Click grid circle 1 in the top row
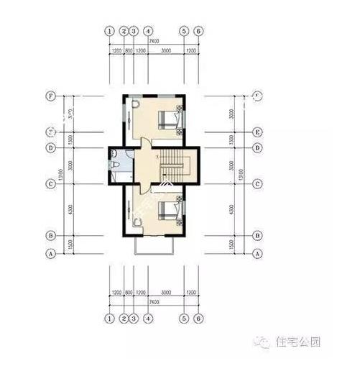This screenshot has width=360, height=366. tap(109, 32)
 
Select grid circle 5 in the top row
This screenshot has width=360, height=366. tap(185, 32)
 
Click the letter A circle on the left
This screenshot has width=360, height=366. tap(51, 254)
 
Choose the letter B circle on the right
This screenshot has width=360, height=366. tap(257, 235)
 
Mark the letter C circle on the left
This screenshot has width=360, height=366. tap(51, 184)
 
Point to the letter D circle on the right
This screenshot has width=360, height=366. tap(257, 148)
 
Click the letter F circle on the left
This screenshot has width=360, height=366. tap(51, 96)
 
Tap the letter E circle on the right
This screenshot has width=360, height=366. tap(257, 132)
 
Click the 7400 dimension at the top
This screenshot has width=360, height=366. tap(154, 42)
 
